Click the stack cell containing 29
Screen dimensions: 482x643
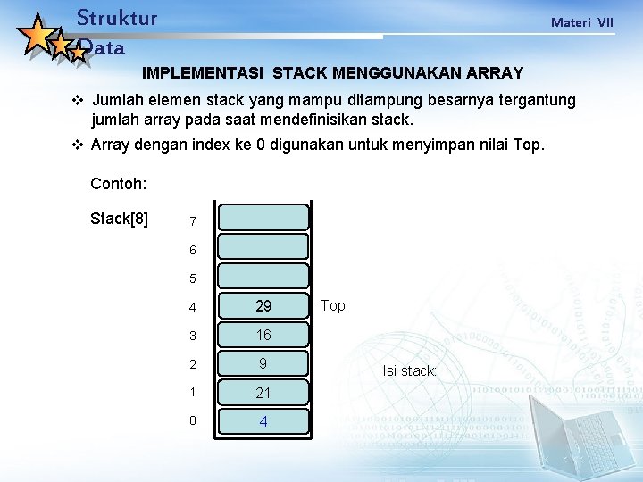point(263,306)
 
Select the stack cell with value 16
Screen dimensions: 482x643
point(263,335)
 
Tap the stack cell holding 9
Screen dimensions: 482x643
point(263,363)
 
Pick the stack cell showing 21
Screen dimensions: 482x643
point(263,393)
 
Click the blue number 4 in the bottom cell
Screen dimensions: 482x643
point(263,421)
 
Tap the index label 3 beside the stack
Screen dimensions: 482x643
point(192,336)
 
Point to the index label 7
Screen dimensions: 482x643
point(192,221)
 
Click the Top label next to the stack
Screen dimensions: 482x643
point(332,306)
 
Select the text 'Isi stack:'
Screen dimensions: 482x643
point(410,370)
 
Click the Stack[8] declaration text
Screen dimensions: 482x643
point(120,219)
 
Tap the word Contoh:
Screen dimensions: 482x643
point(119,185)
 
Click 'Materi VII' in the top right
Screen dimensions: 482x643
point(582,21)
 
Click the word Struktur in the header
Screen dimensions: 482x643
point(117,18)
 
